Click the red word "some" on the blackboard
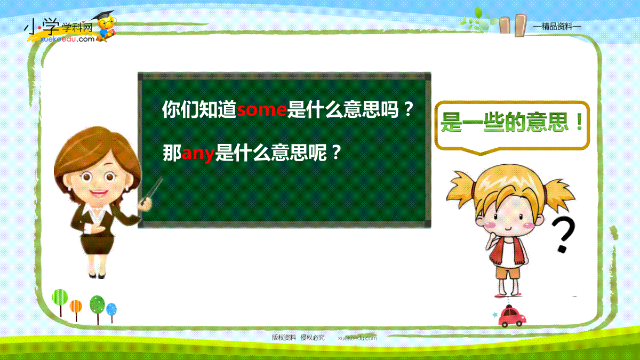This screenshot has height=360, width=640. (x=261, y=110)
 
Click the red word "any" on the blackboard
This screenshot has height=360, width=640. (x=198, y=154)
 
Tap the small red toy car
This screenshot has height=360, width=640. (x=511, y=316)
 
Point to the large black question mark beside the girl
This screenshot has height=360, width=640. (x=563, y=234)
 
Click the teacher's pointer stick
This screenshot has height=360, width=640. (x=151, y=190)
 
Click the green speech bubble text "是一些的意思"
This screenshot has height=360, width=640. (x=504, y=122)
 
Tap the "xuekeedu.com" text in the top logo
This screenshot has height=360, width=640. (x=67, y=39)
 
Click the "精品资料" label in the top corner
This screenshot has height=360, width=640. (x=557, y=26)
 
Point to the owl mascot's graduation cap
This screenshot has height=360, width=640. (x=103, y=15)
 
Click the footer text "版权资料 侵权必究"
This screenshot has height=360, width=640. (x=298, y=338)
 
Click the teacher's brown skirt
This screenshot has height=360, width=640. (x=97, y=245)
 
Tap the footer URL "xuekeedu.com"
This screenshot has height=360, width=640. (x=357, y=338)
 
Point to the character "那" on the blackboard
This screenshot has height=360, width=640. (x=172, y=153)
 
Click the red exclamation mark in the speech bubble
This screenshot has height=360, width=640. (x=580, y=122)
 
